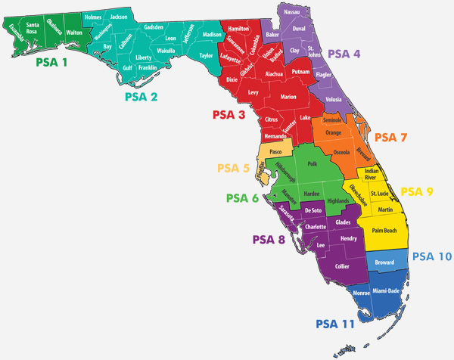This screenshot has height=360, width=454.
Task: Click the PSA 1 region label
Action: [x=51, y=63]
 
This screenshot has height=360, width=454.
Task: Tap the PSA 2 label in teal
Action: [x=141, y=96]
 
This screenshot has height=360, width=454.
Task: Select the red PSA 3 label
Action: [x=229, y=115]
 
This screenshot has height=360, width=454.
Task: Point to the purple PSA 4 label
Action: [x=344, y=54]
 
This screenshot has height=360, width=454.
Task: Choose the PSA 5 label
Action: [x=233, y=168]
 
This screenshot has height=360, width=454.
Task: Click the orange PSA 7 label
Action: [x=391, y=138]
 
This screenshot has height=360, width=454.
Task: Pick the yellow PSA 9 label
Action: [x=417, y=191]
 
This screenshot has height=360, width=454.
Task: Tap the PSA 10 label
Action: [x=432, y=256]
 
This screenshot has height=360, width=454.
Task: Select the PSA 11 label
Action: [x=335, y=324]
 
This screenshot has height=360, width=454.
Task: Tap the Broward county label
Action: [x=384, y=262]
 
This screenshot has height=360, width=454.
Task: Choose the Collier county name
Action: [x=343, y=266]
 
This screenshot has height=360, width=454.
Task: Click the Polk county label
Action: [x=312, y=163]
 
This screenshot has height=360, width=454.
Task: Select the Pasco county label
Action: [x=275, y=152]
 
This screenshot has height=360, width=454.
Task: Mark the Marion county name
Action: [x=288, y=97]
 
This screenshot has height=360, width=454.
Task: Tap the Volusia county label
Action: [x=333, y=99]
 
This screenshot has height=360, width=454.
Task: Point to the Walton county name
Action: [x=74, y=33]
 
